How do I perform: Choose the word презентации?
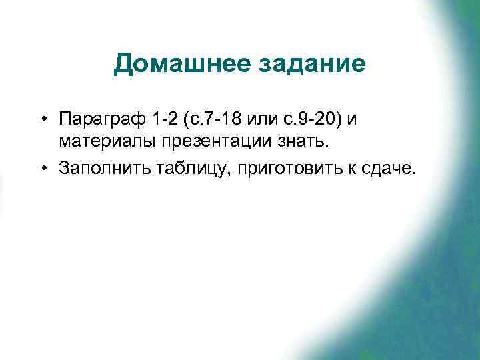point(203,142)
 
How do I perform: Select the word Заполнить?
point(98,169)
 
